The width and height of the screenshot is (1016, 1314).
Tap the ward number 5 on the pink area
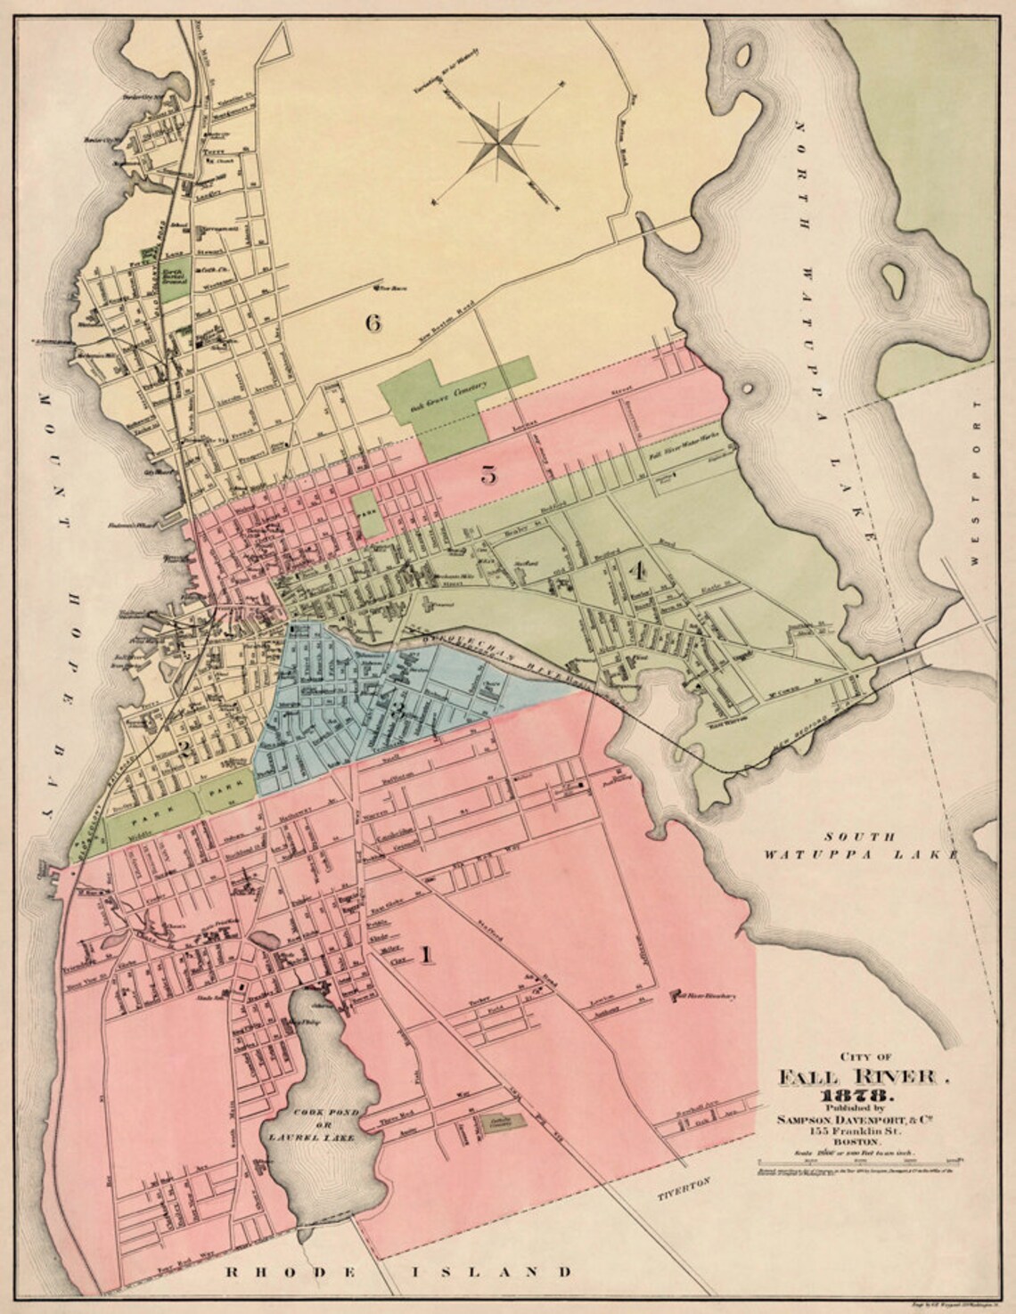pyautogui.click(x=488, y=475)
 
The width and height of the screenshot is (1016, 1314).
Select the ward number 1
pyautogui.click(x=426, y=956)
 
